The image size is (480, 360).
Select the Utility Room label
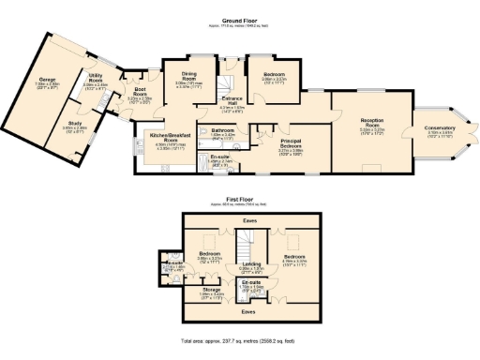tap(96, 81)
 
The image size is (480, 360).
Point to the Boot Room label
tap(139, 93)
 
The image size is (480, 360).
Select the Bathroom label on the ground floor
tap(222, 130)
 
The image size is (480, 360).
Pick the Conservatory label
tap(441, 128)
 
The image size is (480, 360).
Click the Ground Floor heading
tap(239, 19)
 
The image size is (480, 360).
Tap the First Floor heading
tap(239, 200)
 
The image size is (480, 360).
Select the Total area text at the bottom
tap(239, 342)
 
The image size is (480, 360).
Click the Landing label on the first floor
tap(250, 264)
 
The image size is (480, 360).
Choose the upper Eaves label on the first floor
tap(249, 221)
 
